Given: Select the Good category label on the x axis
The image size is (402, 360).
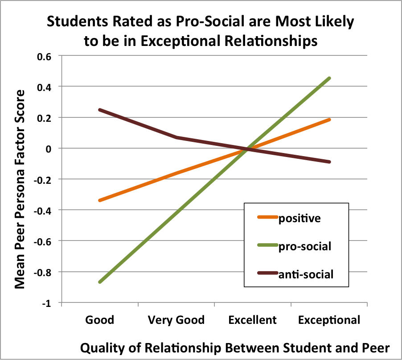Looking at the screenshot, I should click(x=100, y=320).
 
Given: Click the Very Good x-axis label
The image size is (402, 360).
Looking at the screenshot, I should click(x=176, y=320).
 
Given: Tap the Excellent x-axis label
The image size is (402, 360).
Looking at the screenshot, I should click(x=253, y=320).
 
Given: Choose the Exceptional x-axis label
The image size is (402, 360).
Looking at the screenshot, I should click(x=329, y=320).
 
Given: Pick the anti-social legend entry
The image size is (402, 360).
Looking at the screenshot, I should click(x=306, y=274).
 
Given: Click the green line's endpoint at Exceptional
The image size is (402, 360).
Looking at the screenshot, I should click(x=330, y=78).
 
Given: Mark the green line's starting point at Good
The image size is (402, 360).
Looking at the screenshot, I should click(x=100, y=282).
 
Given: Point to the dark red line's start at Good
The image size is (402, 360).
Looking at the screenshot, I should click(x=100, y=110).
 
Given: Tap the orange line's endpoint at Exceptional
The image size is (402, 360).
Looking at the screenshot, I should click(x=330, y=120).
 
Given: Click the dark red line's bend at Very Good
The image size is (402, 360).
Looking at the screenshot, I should click(x=176, y=137).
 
